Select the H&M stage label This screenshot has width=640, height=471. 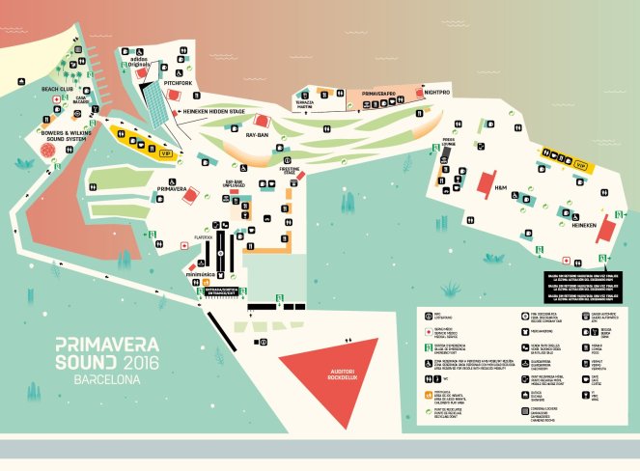pos(500,186)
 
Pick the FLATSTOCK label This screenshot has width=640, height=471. pos(203,235)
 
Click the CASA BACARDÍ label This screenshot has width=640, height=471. pos(82,99)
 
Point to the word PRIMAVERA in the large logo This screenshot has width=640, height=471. pos(107,343)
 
